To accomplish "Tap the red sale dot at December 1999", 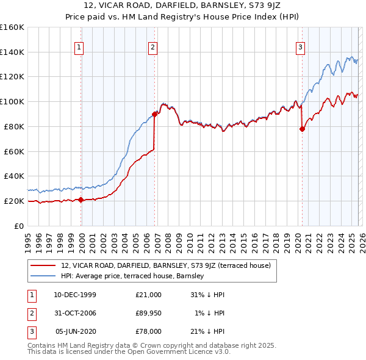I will click(x=81, y=200).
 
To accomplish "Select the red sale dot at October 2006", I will click(x=155, y=113).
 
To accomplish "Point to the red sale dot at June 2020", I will click(x=302, y=129).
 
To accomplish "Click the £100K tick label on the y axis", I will click(x=12, y=101).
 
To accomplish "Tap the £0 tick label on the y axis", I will click(x=18, y=226).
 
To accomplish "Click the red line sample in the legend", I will click(x=43, y=265).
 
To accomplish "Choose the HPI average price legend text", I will click(x=132, y=276).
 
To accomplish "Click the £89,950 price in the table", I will click(x=149, y=313).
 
